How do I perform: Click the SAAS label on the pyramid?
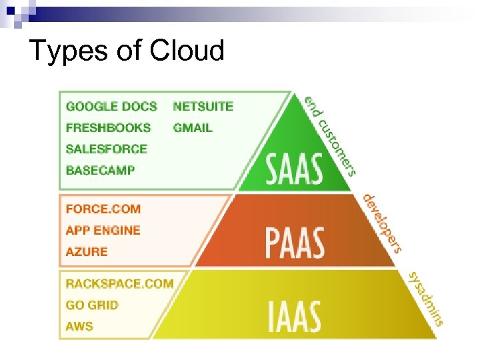click(x=295, y=169)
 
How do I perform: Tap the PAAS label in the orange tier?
click(x=295, y=243)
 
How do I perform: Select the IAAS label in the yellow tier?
click(x=294, y=317)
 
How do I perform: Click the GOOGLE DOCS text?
click(x=111, y=106)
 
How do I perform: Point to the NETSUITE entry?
click(x=203, y=106)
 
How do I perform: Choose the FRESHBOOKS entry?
click(x=108, y=127)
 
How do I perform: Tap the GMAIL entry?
click(x=193, y=127)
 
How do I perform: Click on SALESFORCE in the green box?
click(x=106, y=149)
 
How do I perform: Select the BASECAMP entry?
click(x=100, y=170)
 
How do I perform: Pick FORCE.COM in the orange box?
click(x=103, y=209)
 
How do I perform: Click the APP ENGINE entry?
click(x=103, y=230)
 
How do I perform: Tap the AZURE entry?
click(x=86, y=251)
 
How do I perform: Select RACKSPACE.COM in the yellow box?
click(x=119, y=283)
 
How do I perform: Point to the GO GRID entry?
click(x=92, y=305)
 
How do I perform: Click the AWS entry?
click(x=79, y=326)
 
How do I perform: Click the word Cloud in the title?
click(x=187, y=51)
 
